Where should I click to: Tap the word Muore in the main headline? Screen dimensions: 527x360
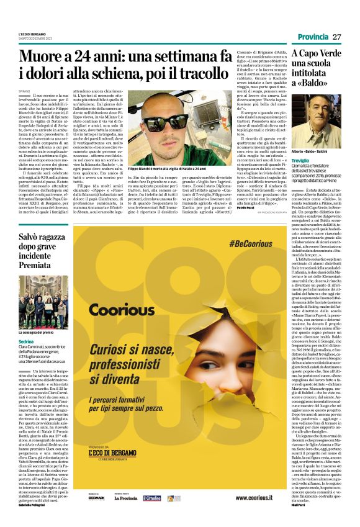pyautogui.click(x=45, y=58)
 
